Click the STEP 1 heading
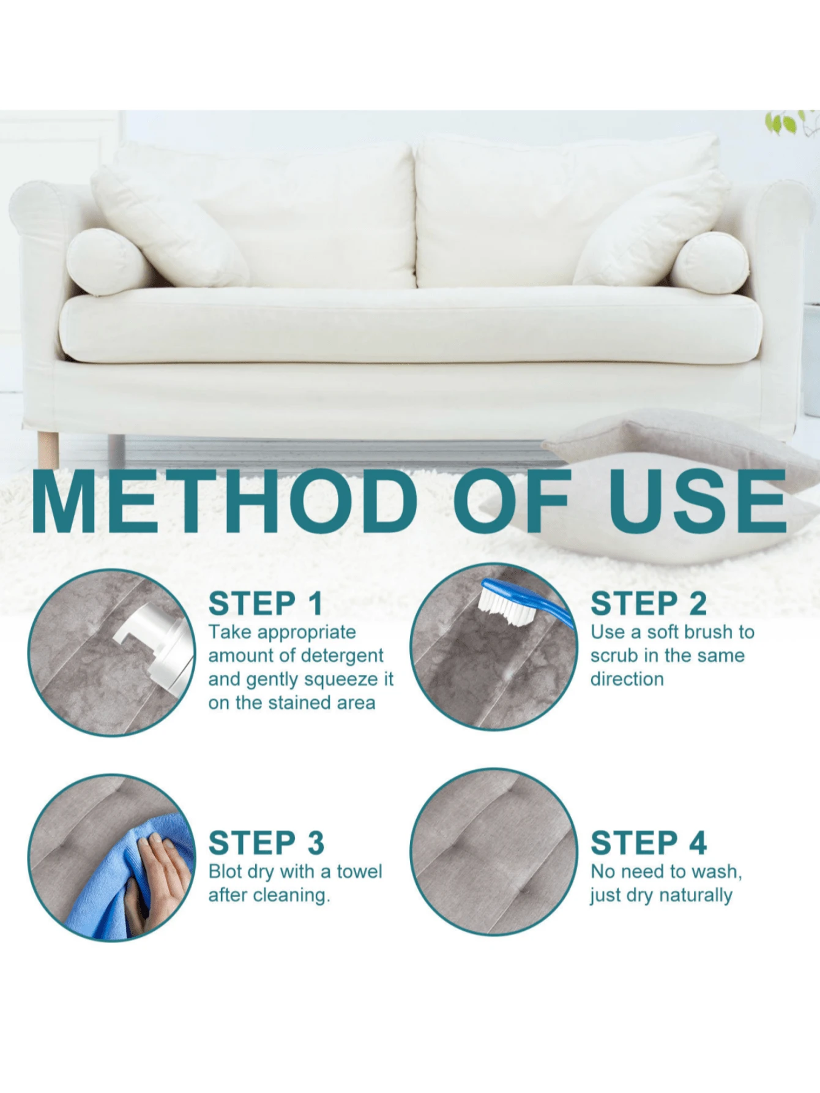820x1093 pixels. [265, 604]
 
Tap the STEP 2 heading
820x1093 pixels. [648, 604]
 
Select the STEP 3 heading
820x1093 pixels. [266, 843]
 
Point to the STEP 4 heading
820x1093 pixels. [648, 843]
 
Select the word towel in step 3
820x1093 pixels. [359, 871]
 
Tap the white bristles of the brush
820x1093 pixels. [507, 606]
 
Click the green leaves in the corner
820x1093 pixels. [789, 122]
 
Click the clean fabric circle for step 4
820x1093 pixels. [493, 852]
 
